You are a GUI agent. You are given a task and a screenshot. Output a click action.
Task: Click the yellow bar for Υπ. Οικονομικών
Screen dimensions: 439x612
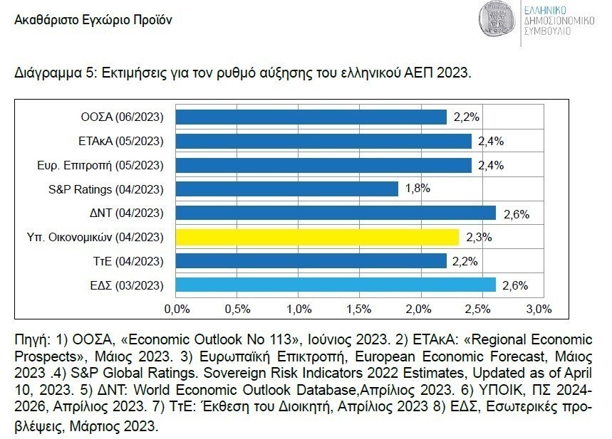(317, 237)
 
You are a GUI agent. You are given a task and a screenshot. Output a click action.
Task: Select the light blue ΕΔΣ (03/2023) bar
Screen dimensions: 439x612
(336, 285)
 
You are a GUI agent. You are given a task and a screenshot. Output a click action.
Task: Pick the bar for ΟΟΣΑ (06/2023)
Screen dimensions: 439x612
(311, 117)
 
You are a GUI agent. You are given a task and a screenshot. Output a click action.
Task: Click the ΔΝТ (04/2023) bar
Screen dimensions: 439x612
(336, 213)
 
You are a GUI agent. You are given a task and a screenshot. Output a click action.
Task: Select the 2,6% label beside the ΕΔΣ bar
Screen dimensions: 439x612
(514, 285)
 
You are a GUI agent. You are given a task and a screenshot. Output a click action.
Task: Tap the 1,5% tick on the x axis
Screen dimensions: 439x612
(358, 309)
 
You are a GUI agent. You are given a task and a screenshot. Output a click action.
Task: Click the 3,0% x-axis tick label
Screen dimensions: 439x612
(539, 309)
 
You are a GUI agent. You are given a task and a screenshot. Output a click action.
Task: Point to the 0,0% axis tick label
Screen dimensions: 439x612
(177, 309)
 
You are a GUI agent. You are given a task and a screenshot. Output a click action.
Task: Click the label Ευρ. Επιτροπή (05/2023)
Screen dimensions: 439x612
(100, 165)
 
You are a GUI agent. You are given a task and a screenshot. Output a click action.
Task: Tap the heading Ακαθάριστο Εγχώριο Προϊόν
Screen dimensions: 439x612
(93, 19)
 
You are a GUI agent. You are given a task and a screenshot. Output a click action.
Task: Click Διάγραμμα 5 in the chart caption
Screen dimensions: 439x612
(53, 73)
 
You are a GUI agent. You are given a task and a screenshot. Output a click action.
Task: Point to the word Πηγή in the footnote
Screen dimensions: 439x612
(28, 337)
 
